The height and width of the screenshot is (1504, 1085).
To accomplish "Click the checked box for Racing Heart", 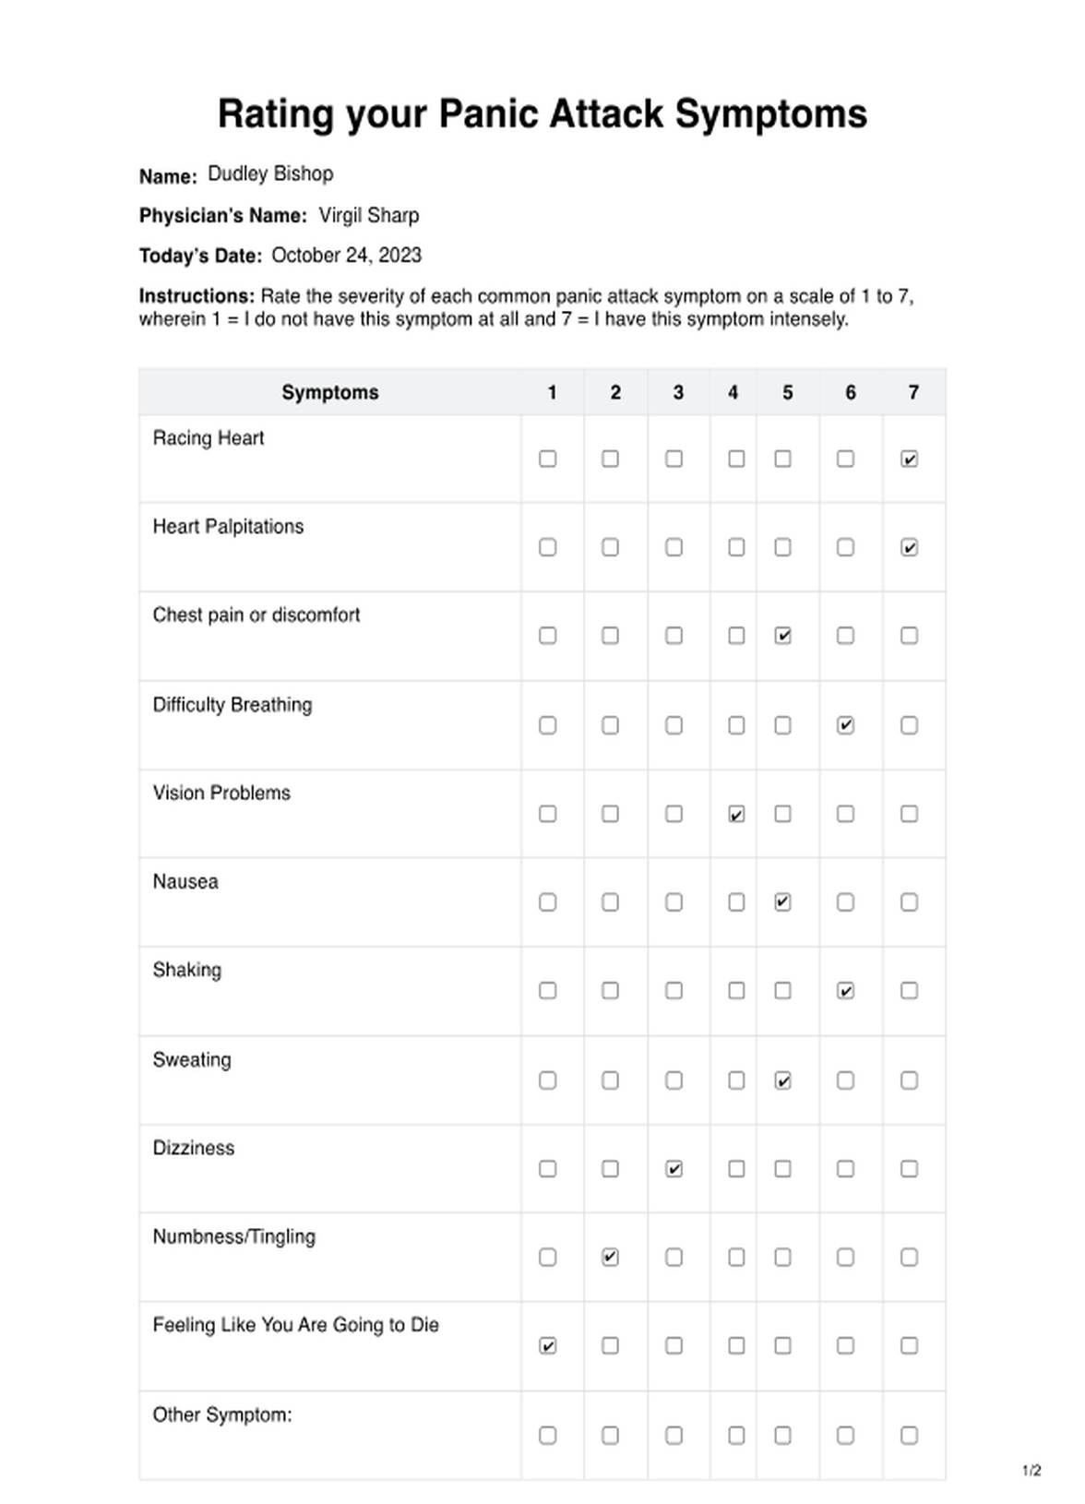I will pyautogui.click(x=909, y=459).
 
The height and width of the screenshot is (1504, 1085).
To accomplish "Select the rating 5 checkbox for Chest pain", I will pyautogui.click(x=782, y=636).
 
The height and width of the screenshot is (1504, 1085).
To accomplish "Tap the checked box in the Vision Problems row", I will pyautogui.click(x=736, y=814).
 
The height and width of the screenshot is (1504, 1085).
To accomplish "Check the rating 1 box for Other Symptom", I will pyautogui.click(x=547, y=1435).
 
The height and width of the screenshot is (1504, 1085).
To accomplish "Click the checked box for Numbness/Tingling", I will pyautogui.click(x=610, y=1257).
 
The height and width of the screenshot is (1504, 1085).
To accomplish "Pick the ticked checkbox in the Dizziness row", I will pyautogui.click(x=674, y=1169).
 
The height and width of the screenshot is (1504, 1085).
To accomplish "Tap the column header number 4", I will pyautogui.click(x=733, y=392).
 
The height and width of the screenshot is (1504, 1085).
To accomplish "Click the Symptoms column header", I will pyautogui.click(x=329, y=392).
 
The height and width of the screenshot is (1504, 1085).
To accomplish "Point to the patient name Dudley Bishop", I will pyautogui.click(x=270, y=173).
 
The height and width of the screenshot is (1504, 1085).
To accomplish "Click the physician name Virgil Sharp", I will pyautogui.click(x=368, y=215).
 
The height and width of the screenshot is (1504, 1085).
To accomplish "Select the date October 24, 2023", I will pyautogui.click(x=346, y=256).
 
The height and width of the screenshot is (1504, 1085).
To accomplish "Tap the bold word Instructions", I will pyautogui.click(x=196, y=296).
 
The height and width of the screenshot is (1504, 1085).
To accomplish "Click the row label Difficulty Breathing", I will pyautogui.click(x=232, y=705).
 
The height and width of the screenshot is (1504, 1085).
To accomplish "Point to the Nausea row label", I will pyautogui.click(x=185, y=881).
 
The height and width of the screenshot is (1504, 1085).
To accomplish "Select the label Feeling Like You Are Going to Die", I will pyautogui.click(x=295, y=1325).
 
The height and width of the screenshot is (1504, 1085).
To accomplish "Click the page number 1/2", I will pyautogui.click(x=1031, y=1470).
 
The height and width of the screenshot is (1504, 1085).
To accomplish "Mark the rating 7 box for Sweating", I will pyautogui.click(x=909, y=1080).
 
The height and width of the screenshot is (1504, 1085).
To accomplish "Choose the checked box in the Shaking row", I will pyautogui.click(x=845, y=991).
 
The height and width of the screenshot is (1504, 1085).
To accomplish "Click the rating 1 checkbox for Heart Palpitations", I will pyautogui.click(x=547, y=547).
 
